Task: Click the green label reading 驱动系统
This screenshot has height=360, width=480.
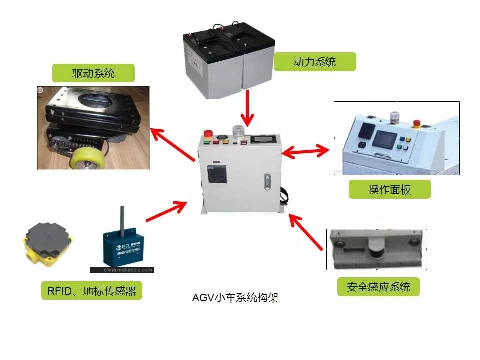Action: coord(93,74)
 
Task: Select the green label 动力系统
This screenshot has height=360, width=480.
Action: coord(314,62)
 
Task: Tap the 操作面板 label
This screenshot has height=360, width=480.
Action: coord(389,190)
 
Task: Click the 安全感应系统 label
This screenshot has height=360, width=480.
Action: coord(378,287)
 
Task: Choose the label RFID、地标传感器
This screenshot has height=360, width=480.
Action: coord(91,291)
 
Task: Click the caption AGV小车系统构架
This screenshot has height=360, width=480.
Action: coord(235,298)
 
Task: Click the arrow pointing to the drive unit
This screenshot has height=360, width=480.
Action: coord(173,145)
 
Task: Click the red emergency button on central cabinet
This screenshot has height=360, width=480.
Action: coord(207,134)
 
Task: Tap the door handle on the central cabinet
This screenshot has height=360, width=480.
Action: coord(268,180)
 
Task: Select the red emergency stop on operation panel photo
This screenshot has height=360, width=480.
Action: coord(416,122)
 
